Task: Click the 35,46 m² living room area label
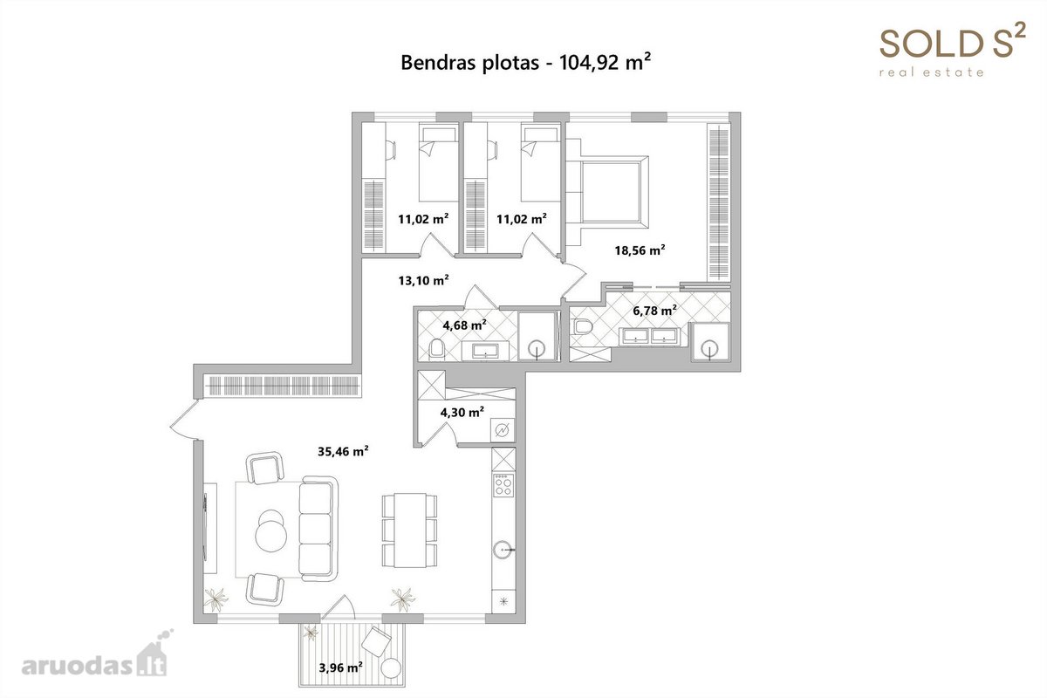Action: coord(343,451)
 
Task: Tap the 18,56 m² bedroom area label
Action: coord(640,250)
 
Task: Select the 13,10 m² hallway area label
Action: coord(423,280)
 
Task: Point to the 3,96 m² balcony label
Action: coord(341,667)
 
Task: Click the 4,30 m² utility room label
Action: coord(462,412)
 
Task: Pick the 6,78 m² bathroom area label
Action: coord(655,310)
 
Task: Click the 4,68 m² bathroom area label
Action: coord(464,325)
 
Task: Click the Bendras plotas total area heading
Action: coord(526,62)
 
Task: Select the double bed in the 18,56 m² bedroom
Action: coord(607,192)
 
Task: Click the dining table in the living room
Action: coord(410,530)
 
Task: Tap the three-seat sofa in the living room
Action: coord(318,528)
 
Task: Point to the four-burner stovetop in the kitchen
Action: coord(504,484)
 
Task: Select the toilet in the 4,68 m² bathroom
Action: coord(437,350)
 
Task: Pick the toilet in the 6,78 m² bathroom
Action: coord(583,326)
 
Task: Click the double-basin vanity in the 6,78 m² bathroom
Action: coord(650,336)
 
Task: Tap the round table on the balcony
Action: coord(391,668)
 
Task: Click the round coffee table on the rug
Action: coord(271,537)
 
